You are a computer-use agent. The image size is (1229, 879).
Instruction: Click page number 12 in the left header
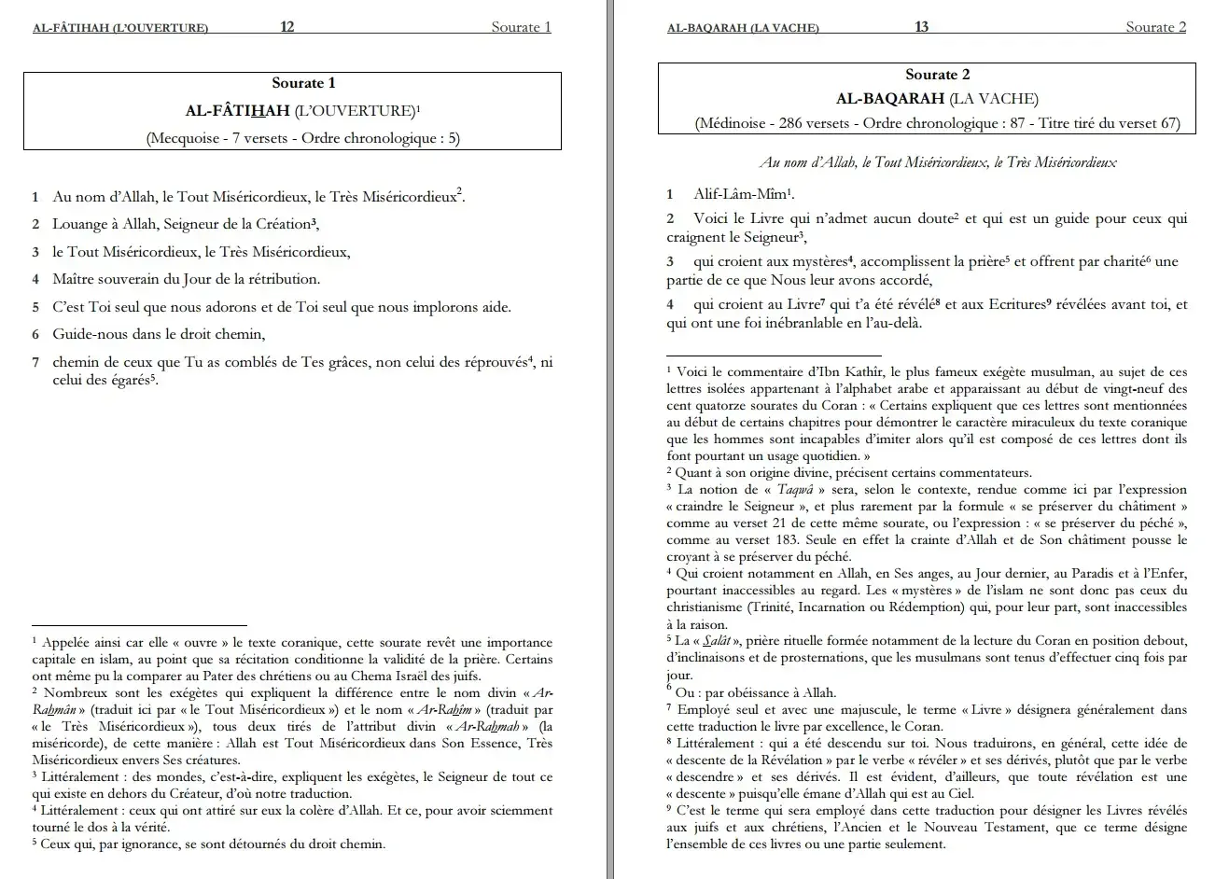click(x=287, y=27)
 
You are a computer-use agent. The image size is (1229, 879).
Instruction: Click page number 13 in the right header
click(x=921, y=27)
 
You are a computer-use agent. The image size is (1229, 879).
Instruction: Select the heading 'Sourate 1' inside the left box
click(x=303, y=84)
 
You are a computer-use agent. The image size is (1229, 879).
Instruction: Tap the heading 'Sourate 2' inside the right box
click(x=938, y=76)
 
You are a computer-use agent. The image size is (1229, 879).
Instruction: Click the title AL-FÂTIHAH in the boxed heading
click(x=238, y=111)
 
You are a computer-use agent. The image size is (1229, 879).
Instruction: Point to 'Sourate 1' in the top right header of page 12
click(x=521, y=27)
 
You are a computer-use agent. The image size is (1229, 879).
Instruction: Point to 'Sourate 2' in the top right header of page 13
click(x=1155, y=27)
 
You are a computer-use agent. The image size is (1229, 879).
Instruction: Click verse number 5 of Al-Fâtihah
click(x=35, y=307)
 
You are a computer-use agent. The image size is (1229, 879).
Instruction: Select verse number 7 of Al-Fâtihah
click(x=35, y=363)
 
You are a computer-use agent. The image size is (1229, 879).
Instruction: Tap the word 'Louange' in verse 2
click(x=80, y=224)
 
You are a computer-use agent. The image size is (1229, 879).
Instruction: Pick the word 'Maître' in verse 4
click(x=73, y=279)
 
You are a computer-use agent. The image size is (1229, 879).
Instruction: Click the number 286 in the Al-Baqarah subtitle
click(x=790, y=124)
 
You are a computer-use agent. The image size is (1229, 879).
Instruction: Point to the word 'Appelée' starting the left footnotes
click(x=68, y=642)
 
